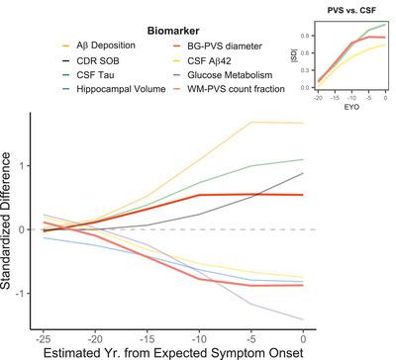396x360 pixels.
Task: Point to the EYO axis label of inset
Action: [345, 103]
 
